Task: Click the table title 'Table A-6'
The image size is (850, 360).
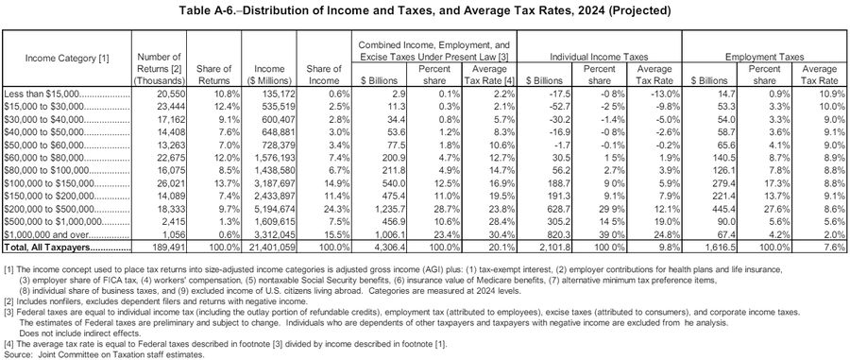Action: (x=424, y=11)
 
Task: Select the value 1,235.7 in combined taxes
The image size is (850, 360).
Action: (x=387, y=206)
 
